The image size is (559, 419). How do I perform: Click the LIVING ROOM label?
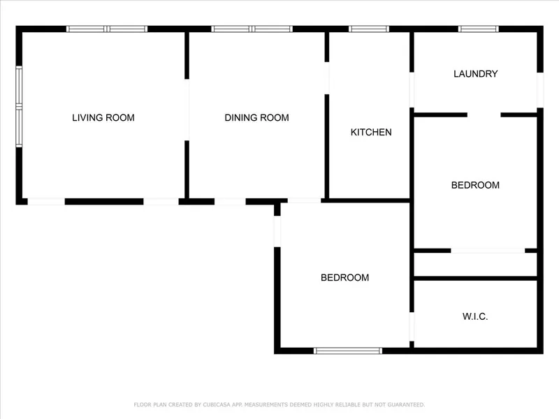[x=103, y=117]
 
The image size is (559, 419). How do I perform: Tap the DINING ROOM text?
[x=256, y=117]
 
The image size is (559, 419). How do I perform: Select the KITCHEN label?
[x=371, y=132]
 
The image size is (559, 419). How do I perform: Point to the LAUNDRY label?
[x=476, y=74]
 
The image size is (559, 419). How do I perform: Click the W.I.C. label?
[x=475, y=316]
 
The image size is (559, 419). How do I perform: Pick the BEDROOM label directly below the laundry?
[x=475, y=185]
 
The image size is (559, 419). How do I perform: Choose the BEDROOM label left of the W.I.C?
[x=344, y=277]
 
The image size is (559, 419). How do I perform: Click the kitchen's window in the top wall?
[x=369, y=29]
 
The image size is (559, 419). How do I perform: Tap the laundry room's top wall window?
[x=479, y=29]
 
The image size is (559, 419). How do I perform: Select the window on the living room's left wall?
[x=19, y=107]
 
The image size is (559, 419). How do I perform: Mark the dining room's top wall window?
[x=252, y=29]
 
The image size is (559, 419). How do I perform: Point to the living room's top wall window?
[x=107, y=29]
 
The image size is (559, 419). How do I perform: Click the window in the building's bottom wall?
[x=348, y=351]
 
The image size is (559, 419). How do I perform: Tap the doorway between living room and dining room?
[x=187, y=110]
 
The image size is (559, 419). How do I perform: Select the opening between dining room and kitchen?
[x=327, y=78]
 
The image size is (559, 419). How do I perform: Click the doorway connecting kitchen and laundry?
[x=412, y=90]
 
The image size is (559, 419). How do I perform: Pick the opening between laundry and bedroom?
[x=484, y=115]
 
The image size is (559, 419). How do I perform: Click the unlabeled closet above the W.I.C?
[x=476, y=265]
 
